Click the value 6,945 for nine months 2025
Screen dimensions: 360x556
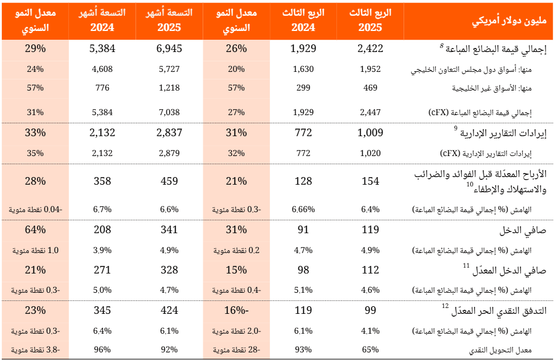pos(169,49)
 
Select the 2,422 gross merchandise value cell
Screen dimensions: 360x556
pos(370,49)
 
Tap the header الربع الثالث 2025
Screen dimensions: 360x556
pos(370,20)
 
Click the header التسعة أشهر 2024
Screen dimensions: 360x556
pos(102,20)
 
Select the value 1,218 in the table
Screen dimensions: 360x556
pos(169,88)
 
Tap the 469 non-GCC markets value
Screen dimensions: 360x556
pos(370,88)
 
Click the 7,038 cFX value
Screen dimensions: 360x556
pos(169,112)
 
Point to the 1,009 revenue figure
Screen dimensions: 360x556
pos(370,133)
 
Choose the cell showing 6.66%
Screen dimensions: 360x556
pos(303,209)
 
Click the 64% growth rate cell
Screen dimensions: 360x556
pos(36,230)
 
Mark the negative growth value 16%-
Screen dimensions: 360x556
pos(237,310)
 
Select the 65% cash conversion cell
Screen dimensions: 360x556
pos(370,350)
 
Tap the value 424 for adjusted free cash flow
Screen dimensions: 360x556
pos(169,310)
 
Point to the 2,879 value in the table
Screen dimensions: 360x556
pos(169,154)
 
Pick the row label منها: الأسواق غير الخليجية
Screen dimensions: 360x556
pos(503,88)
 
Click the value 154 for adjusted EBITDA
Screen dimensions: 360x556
pos(370,181)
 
